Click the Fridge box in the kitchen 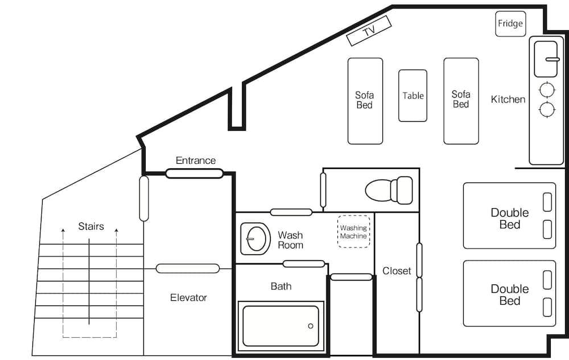[510, 24]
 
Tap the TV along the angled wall [369, 31]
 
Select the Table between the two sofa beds [413, 96]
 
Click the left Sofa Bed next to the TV [365, 101]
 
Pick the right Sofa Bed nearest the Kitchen [461, 101]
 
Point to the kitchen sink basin [547, 59]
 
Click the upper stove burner [547, 89]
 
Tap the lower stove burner [547, 109]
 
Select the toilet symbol [389, 190]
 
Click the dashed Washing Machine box [353, 232]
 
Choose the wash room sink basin [254, 238]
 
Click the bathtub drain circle [311, 326]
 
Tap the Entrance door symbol [194, 173]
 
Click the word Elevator [188, 297]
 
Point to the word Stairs [91, 226]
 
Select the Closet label [397, 271]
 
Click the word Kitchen [508, 100]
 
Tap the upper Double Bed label [509, 218]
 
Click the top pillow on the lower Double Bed [547, 280]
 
